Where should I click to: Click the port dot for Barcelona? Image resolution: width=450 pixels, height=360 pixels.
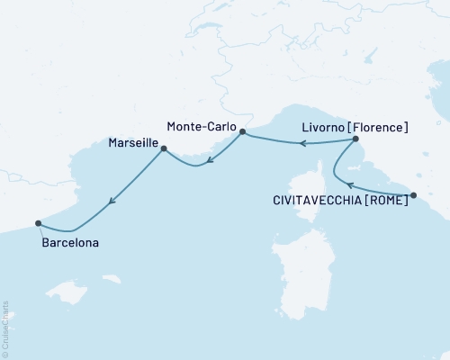(x=38, y=223)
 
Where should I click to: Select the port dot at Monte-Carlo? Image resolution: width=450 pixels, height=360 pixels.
(x=242, y=131)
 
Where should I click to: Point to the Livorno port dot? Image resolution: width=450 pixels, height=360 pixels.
(x=356, y=139)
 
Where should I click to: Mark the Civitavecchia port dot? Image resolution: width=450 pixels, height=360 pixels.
(x=413, y=195)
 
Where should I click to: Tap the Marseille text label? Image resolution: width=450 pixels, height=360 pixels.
(x=132, y=144)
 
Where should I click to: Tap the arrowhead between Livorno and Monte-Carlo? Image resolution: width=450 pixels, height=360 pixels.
(x=303, y=143)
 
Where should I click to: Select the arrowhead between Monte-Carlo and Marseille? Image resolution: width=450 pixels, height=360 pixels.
(x=208, y=162)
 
